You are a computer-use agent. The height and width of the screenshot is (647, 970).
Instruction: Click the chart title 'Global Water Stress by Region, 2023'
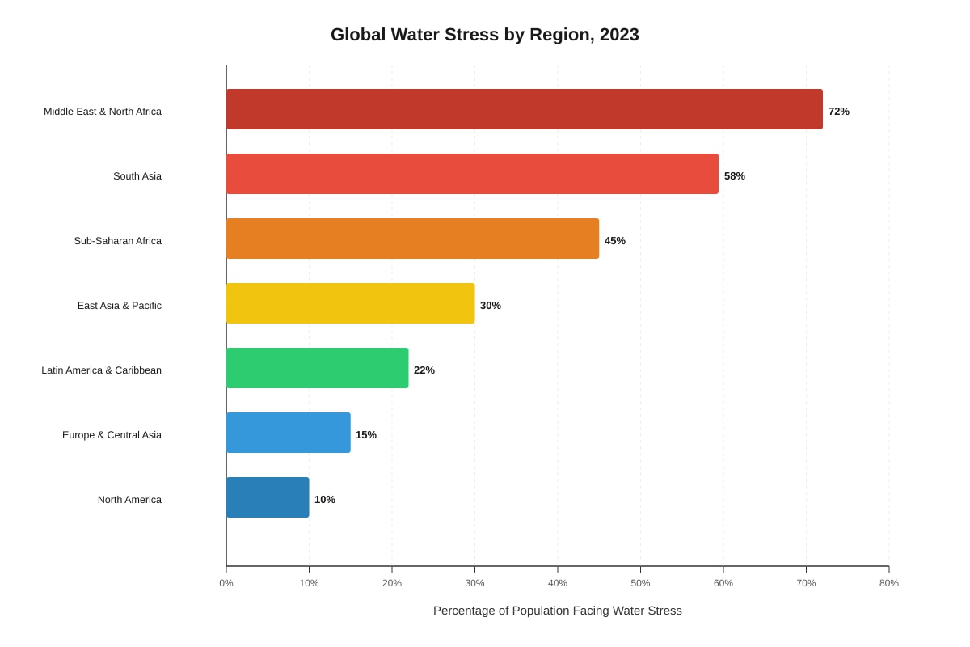coord(484,35)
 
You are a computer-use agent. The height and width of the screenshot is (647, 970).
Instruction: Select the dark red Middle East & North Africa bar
coord(525,109)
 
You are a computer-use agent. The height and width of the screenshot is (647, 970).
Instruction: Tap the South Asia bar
coord(472,174)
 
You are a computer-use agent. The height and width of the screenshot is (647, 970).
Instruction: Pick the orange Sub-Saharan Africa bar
coord(413,239)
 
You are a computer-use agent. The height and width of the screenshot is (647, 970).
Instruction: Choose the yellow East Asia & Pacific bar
coord(351,303)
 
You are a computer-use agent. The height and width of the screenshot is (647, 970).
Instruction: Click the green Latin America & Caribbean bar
coord(318,368)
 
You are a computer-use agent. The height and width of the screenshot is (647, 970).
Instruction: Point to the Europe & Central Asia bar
coord(289,433)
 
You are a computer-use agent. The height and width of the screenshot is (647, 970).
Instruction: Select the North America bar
coord(268,497)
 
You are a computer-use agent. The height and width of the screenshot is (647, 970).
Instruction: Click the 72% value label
coord(839,112)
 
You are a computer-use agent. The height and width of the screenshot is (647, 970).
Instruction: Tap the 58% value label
coord(735,176)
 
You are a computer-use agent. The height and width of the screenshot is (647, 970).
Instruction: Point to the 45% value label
coord(615,240)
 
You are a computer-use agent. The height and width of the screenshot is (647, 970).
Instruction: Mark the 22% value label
coord(424,370)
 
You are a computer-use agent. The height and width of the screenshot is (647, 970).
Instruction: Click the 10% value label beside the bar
coord(325,500)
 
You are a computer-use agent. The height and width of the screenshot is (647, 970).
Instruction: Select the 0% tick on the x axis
coord(226,583)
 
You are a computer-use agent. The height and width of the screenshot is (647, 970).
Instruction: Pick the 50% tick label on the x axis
coord(640,583)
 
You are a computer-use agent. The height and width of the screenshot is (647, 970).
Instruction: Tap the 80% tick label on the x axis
coord(889,583)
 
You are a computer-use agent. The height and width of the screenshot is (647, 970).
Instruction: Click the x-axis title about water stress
coord(557,611)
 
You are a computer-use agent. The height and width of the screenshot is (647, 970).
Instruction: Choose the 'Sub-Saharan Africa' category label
coord(118,241)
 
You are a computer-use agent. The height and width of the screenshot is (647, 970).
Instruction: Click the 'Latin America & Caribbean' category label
coord(101,370)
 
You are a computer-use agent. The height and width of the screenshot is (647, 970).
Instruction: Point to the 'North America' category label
coord(129,500)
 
